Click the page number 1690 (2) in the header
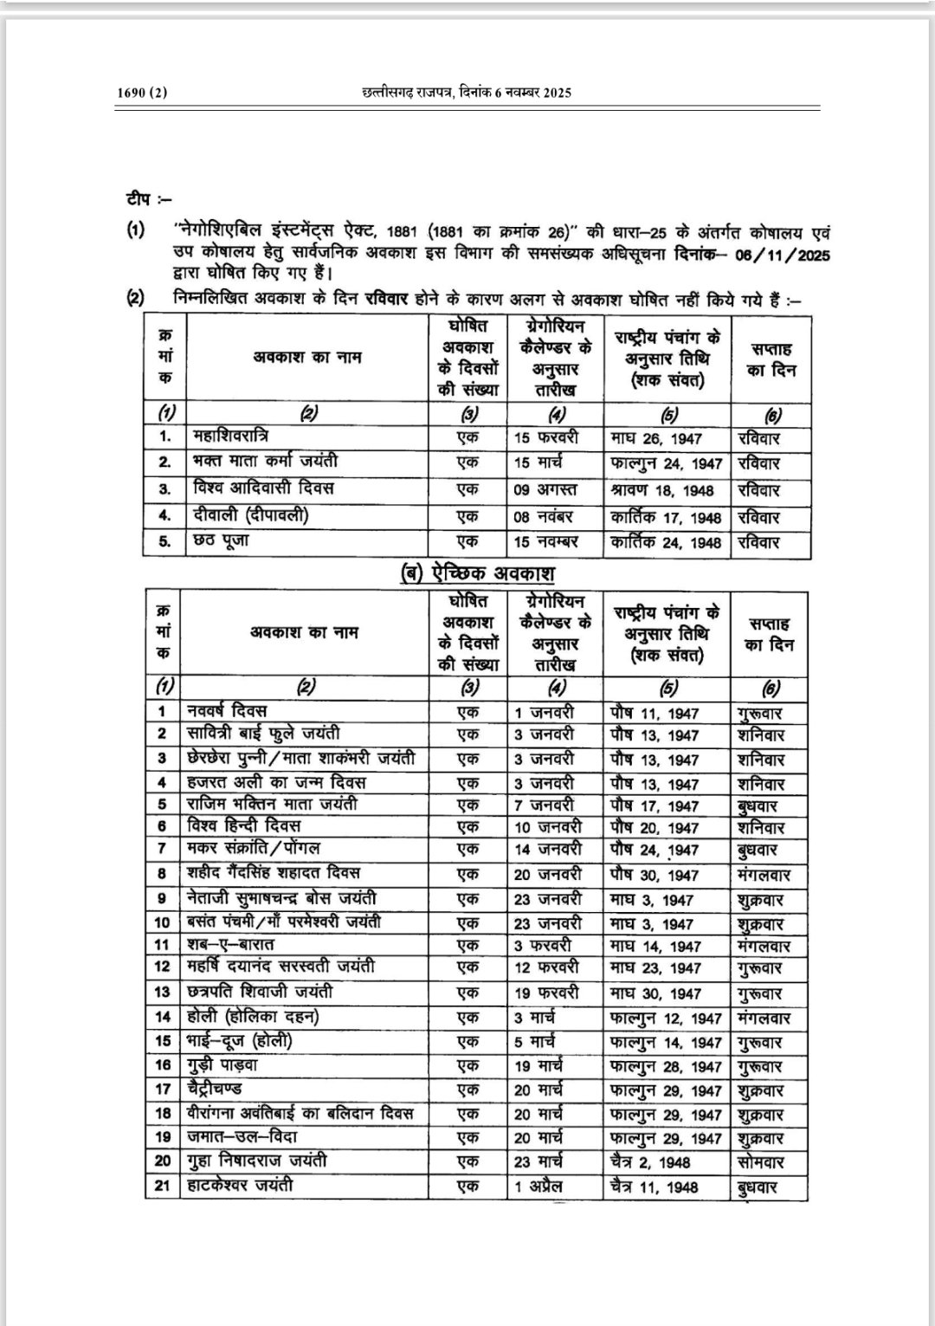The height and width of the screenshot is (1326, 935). click(x=141, y=94)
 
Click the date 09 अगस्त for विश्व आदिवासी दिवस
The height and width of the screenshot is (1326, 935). click(x=545, y=490)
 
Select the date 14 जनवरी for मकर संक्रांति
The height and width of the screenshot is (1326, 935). click(x=548, y=850)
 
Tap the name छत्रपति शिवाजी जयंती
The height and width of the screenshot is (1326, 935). click(x=260, y=993)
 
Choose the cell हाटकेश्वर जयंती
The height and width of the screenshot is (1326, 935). click(x=240, y=1184)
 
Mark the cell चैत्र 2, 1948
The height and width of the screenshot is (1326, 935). click(x=654, y=1162)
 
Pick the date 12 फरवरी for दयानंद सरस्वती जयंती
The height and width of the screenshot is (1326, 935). click(x=546, y=967)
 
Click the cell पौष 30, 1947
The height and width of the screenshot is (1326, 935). click(x=654, y=876)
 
